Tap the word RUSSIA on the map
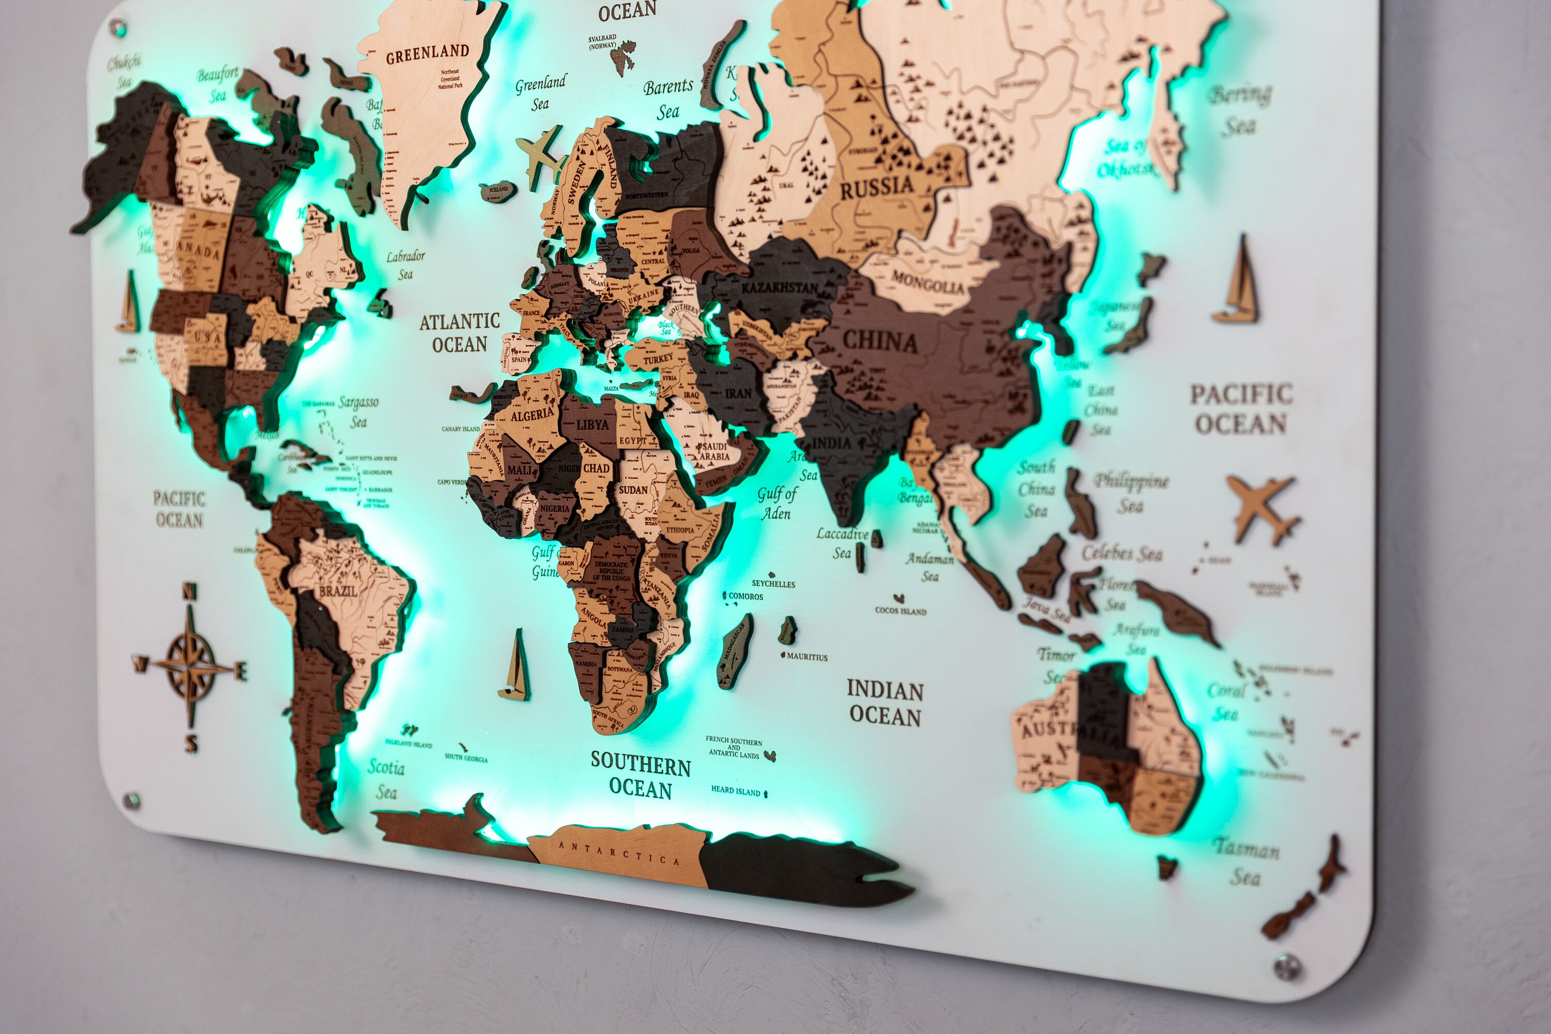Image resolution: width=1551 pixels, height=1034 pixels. pyautogui.click(x=876, y=188)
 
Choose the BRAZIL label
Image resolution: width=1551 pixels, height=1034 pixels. pyautogui.click(x=338, y=591)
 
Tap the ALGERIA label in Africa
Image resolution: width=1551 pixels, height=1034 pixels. pyautogui.click(x=532, y=415)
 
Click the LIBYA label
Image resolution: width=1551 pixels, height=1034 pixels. pyautogui.click(x=592, y=424)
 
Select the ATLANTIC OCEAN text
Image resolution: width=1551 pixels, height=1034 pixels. pyautogui.click(x=460, y=333)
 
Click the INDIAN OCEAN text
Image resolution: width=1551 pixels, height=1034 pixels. pyautogui.click(x=885, y=703)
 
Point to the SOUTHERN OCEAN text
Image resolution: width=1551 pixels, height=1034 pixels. pyautogui.click(x=641, y=775)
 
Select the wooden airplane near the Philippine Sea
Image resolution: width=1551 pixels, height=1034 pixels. pyautogui.click(x=1261, y=508)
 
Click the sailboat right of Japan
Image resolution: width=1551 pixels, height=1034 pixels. pyautogui.click(x=1237, y=283)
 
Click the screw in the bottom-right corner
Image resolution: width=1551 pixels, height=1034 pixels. pyautogui.click(x=1285, y=967)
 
